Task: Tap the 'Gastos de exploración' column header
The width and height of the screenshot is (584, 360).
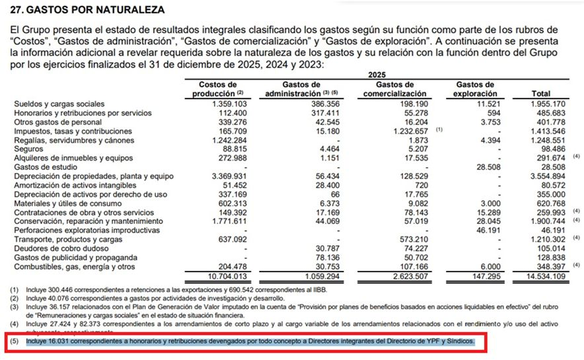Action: pos(475,89)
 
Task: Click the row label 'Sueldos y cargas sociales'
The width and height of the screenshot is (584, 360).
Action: pos(59,104)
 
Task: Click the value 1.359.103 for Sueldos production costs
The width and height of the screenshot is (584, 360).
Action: pos(230,104)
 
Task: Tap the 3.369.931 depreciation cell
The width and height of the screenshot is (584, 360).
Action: pos(230,176)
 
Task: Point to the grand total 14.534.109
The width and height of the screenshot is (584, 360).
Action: pos(548,275)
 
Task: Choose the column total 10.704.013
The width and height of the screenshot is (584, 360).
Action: pos(228,275)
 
